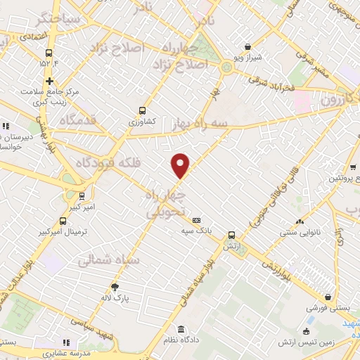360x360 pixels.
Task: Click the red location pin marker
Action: click(181, 165)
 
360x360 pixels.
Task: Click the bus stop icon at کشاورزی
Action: click(143, 110)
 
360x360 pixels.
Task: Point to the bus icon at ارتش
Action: click(231, 236)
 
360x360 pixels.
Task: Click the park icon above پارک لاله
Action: click(115, 286)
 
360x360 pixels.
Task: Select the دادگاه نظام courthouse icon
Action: click(182, 329)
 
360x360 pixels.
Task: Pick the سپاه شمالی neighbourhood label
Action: click(110, 260)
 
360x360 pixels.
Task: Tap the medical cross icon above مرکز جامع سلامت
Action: click(49, 81)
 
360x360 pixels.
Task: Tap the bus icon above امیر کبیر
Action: click(83, 195)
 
